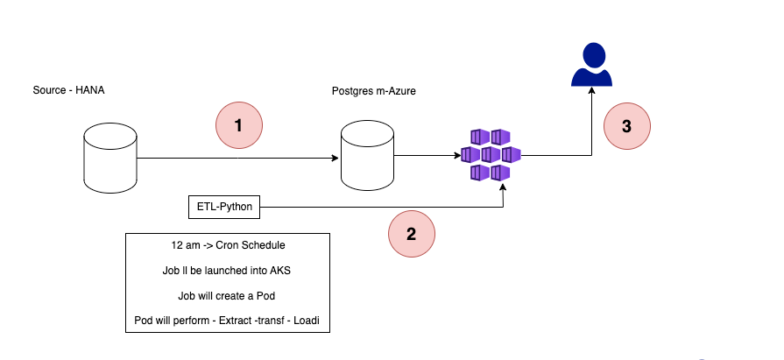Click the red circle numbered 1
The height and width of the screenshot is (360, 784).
coord(240,126)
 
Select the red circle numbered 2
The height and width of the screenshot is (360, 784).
coord(412,235)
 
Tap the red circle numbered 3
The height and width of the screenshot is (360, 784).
coord(626,126)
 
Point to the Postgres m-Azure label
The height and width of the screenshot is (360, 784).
coord(374,91)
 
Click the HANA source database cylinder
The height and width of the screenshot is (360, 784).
coord(110,155)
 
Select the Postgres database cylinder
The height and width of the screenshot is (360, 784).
coord(367,155)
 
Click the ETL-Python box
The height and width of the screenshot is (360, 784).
coord(225,208)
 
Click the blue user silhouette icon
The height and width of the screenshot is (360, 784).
coord(591,65)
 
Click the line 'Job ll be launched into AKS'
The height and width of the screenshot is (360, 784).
coord(228,272)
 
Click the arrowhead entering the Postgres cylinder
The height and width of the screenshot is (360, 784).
coord(336,159)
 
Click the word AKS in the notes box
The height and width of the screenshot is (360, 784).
coord(280,272)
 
